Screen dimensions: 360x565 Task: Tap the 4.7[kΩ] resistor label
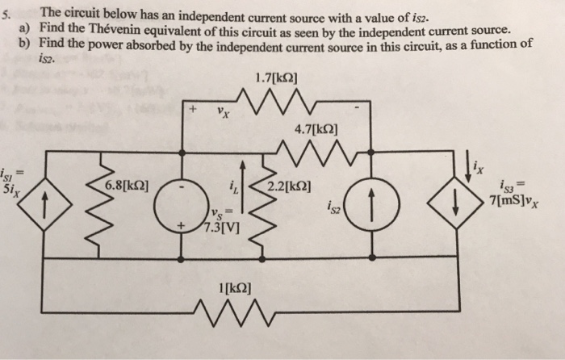click(x=316, y=128)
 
